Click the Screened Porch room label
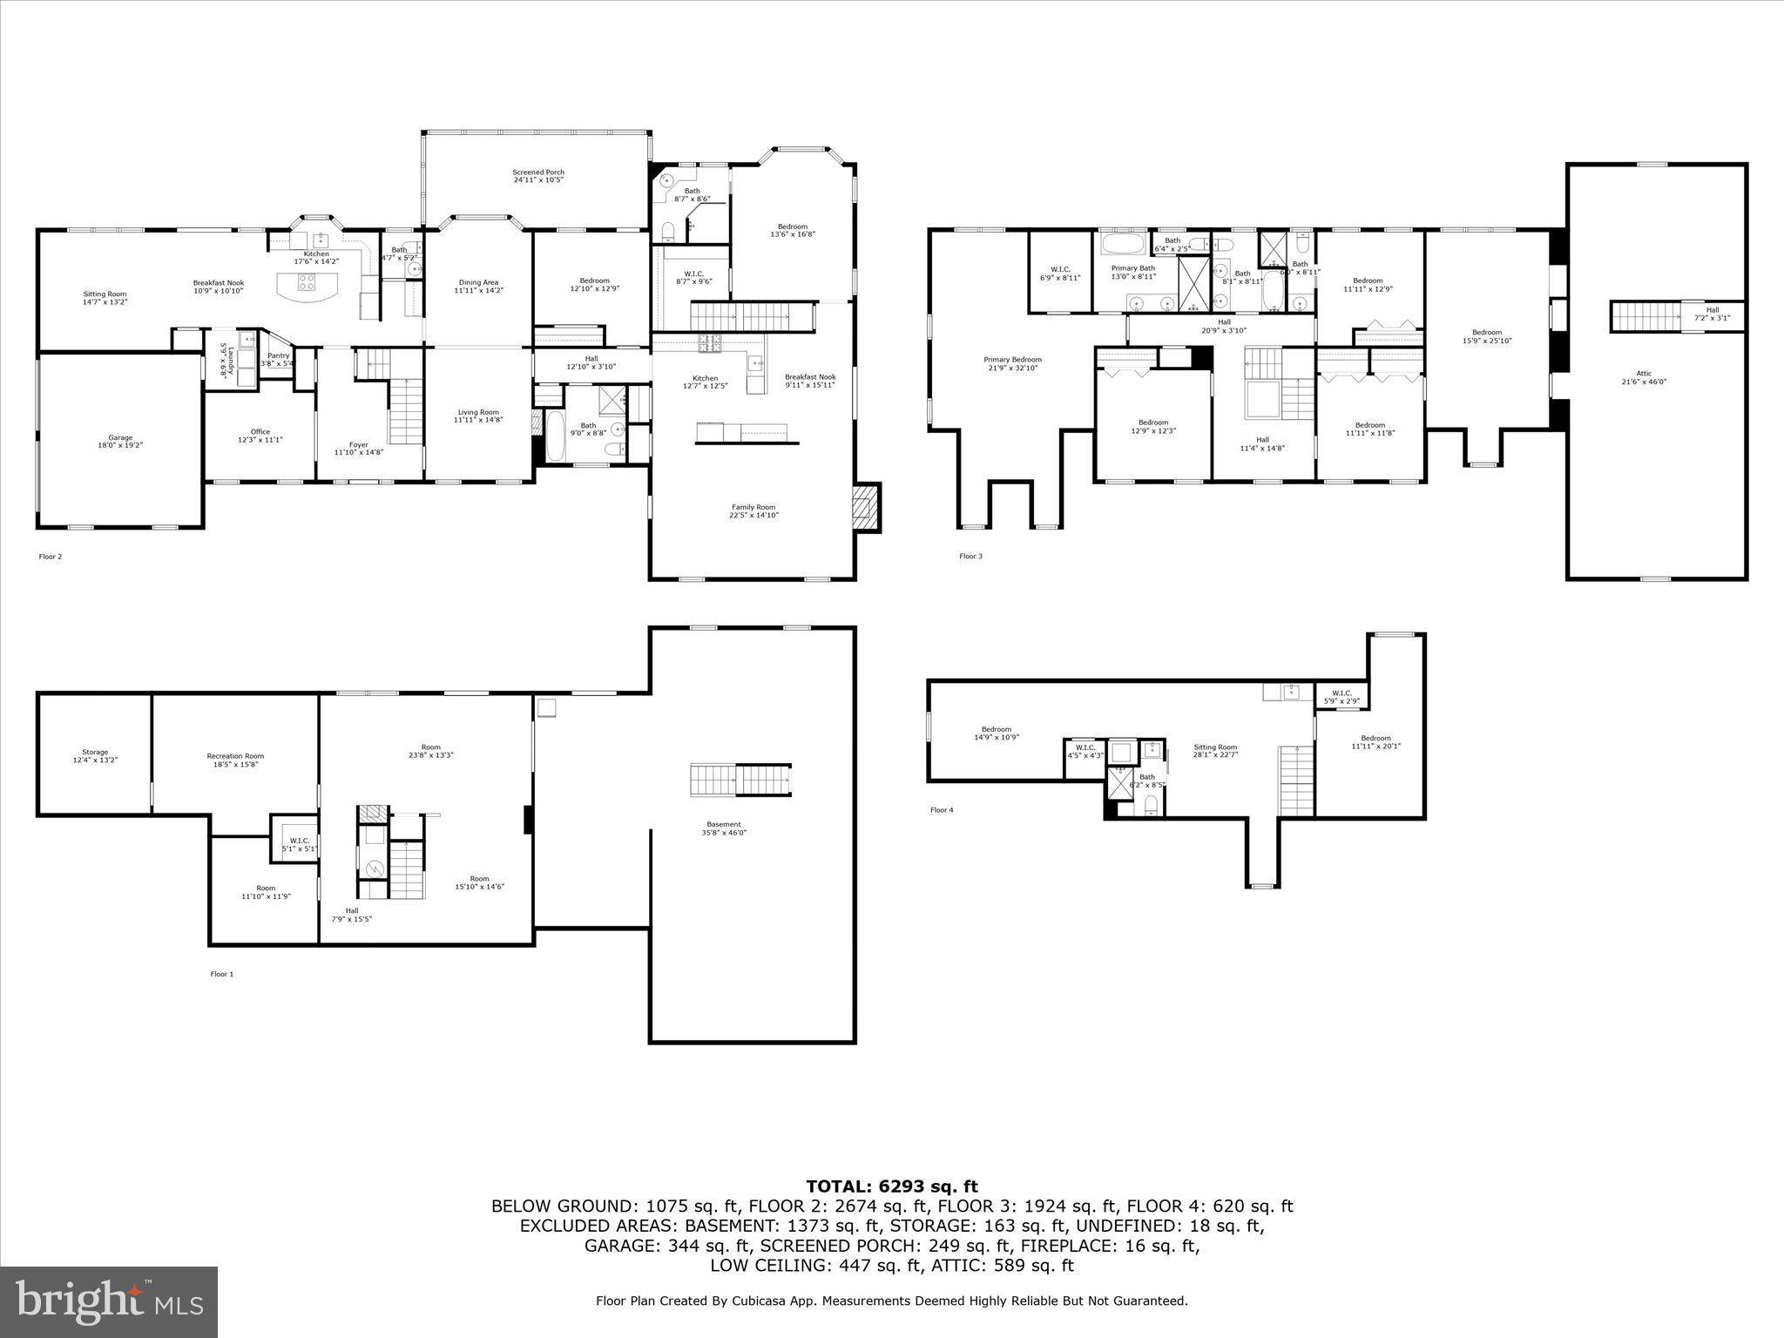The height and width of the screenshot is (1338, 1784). pyautogui.click(x=537, y=176)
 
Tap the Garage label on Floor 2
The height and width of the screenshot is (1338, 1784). pyautogui.click(x=120, y=441)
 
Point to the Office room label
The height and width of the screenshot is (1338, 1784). pyautogui.click(x=260, y=436)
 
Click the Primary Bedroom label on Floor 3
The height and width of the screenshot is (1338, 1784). pyautogui.click(x=1012, y=363)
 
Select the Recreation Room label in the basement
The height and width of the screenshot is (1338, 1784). pyautogui.click(x=235, y=760)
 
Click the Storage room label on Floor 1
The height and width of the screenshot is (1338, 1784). pyautogui.click(x=95, y=755)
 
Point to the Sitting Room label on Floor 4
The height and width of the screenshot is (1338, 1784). pyautogui.click(x=1214, y=750)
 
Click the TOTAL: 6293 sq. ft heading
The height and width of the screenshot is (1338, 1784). pyautogui.click(x=891, y=1186)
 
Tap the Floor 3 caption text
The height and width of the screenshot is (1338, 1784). pyautogui.click(x=970, y=556)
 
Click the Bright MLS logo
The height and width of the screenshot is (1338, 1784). pyautogui.click(x=109, y=1302)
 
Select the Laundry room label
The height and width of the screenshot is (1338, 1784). pyautogui.click(x=223, y=359)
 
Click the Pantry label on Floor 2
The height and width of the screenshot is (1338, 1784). pyautogui.click(x=279, y=359)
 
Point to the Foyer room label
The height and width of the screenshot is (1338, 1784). pyautogui.click(x=358, y=449)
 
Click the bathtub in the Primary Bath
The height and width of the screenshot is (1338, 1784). pyautogui.click(x=1126, y=242)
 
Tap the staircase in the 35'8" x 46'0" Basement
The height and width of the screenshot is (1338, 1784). pyautogui.click(x=740, y=780)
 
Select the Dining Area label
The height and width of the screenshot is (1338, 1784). pyautogui.click(x=478, y=286)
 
